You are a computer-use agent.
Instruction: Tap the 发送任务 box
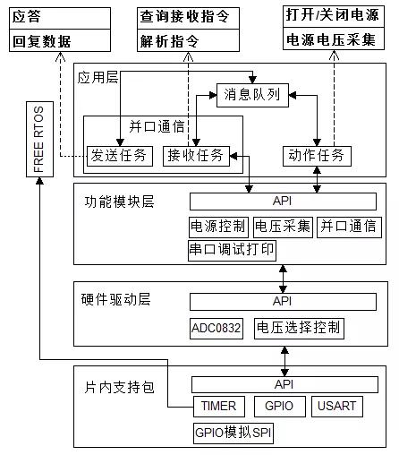[x=121, y=155]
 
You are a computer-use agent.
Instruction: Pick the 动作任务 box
[x=318, y=155]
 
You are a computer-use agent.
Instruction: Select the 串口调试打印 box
[x=232, y=249]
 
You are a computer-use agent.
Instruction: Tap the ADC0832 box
[x=216, y=328]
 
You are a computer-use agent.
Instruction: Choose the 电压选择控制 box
[x=297, y=328]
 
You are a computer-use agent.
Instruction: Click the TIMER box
[x=218, y=407]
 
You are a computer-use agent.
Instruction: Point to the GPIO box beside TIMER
[x=280, y=407]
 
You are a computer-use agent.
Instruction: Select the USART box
[x=336, y=407]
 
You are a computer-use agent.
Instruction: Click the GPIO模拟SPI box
[x=233, y=434]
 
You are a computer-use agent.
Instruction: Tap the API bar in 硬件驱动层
[x=284, y=302]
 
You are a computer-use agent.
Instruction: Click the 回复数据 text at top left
[x=41, y=41]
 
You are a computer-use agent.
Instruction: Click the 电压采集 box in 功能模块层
[x=283, y=226]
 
